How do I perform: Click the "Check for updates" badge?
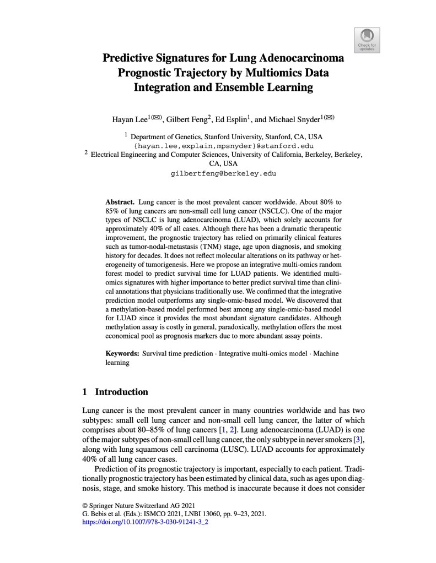(x=367, y=40)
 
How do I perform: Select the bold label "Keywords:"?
(x=123, y=353)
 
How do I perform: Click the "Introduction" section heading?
(x=121, y=392)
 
